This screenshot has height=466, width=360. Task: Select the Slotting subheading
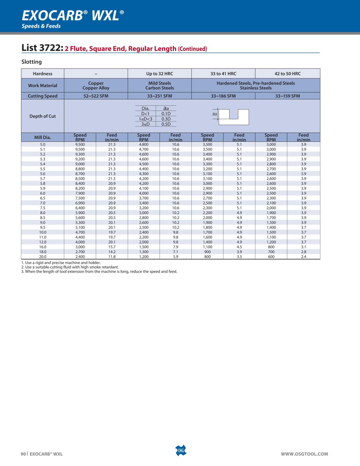(x=31, y=62)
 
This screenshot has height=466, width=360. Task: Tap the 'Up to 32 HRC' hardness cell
(x=160, y=74)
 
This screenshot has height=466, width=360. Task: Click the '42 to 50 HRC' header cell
(x=287, y=74)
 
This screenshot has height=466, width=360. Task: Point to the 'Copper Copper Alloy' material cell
(x=96, y=86)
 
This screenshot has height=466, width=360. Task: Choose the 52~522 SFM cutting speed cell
(x=96, y=96)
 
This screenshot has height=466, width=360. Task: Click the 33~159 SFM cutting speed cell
(x=287, y=96)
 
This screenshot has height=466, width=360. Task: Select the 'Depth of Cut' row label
(x=43, y=116)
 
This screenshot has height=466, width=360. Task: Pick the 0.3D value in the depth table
(x=166, y=119)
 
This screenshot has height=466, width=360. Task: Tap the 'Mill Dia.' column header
(x=43, y=138)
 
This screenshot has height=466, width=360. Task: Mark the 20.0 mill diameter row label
(x=43, y=257)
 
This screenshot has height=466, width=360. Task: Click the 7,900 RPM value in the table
(x=80, y=193)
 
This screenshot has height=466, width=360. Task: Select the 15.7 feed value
(x=112, y=247)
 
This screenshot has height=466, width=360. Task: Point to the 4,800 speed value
(x=144, y=144)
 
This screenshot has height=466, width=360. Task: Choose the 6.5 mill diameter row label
(x=43, y=198)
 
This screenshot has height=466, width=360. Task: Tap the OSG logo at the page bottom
(x=181, y=451)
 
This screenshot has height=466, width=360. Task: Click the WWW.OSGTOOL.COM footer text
(x=304, y=454)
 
